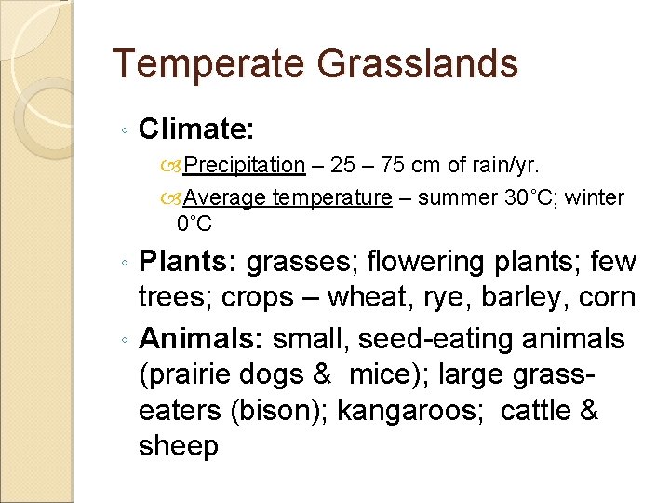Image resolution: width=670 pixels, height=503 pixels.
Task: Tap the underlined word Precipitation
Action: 244,166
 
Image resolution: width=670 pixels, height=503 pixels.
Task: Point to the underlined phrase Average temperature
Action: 288,197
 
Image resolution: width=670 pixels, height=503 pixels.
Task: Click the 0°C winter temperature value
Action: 194,224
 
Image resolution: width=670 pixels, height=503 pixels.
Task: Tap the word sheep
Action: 178,447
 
